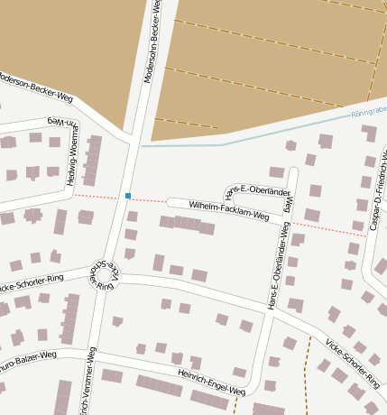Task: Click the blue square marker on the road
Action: tap(129, 195)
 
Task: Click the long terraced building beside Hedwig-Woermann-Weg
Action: tap(91, 161)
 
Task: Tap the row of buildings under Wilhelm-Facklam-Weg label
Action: tap(188, 224)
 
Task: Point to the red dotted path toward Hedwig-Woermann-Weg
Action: tap(99, 195)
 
